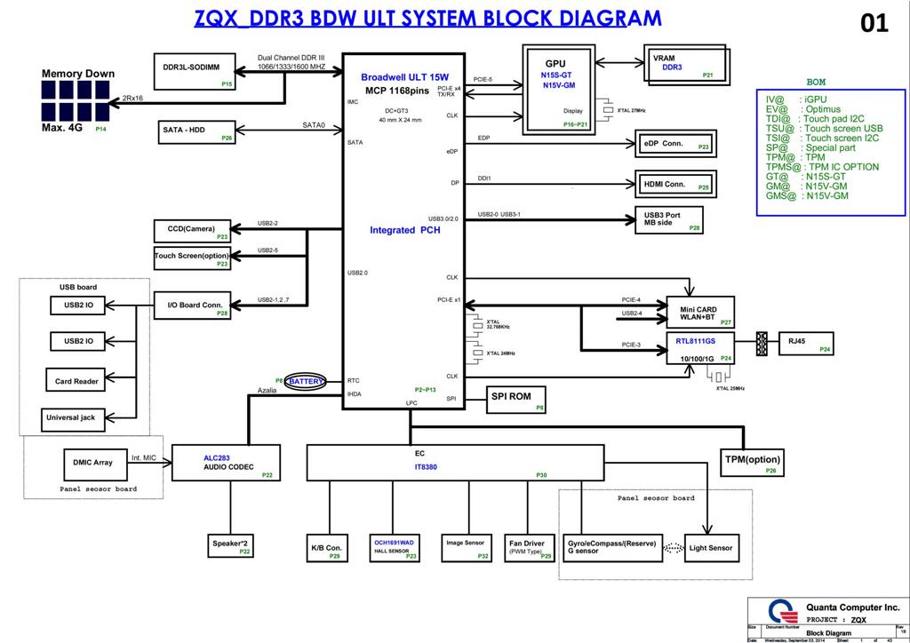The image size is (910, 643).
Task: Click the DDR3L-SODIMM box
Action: pos(196,72)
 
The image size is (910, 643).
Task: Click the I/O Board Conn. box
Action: pos(194,306)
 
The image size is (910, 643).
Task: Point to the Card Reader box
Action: pos(76,381)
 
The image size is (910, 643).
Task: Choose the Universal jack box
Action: pos(76,417)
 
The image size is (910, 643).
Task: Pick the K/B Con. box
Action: pos(326,548)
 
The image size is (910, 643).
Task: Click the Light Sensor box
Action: pos(711,548)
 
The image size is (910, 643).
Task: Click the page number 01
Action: pos(874,24)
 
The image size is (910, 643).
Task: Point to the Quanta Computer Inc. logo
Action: pos(780,614)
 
